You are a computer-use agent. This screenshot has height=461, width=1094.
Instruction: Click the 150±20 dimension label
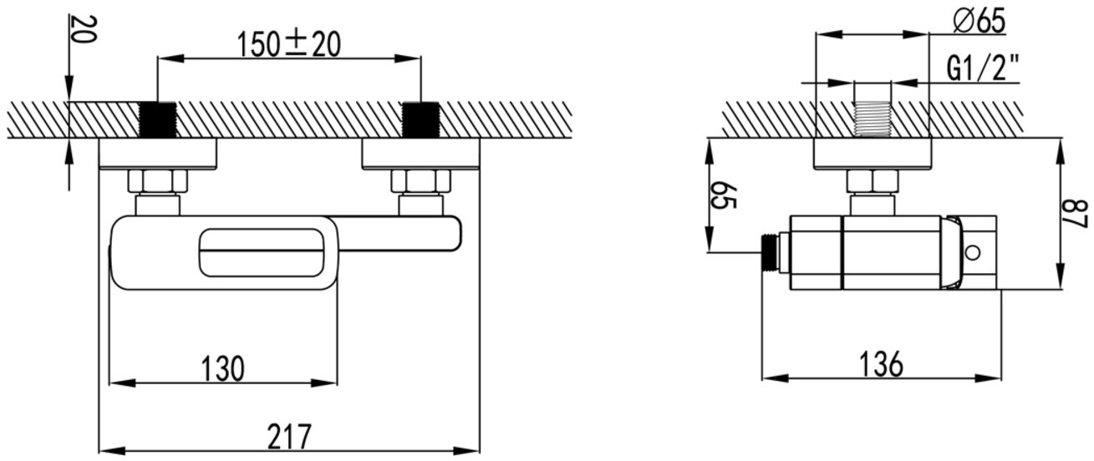[x=288, y=44]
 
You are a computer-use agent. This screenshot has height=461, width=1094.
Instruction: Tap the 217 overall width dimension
[x=289, y=437]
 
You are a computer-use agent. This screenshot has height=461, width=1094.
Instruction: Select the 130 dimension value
[x=222, y=368]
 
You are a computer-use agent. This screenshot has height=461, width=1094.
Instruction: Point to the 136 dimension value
[x=882, y=364]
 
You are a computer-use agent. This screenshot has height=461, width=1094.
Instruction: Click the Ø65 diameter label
[x=980, y=22]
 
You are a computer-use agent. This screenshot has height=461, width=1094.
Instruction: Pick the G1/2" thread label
[x=983, y=68]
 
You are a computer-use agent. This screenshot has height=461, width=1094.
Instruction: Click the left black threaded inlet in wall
[x=158, y=119]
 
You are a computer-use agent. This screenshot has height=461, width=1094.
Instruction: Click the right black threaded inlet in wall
[x=420, y=119]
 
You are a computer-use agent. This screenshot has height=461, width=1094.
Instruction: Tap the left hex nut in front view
[x=158, y=181]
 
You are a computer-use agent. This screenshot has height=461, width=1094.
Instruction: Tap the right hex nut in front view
[x=421, y=181]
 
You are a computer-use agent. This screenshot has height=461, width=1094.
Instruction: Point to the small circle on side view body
[x=972, y=253]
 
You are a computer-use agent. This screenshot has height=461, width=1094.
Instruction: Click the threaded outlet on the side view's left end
[x=770, y=253]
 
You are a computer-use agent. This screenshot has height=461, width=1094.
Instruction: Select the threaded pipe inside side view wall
[x=873, y=119]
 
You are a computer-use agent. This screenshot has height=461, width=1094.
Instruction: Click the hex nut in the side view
[x=873, y=181]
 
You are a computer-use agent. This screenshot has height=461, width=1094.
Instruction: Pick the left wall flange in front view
[x=158, y=155]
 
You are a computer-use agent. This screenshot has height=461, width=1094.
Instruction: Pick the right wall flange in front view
[x=420, y=155]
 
